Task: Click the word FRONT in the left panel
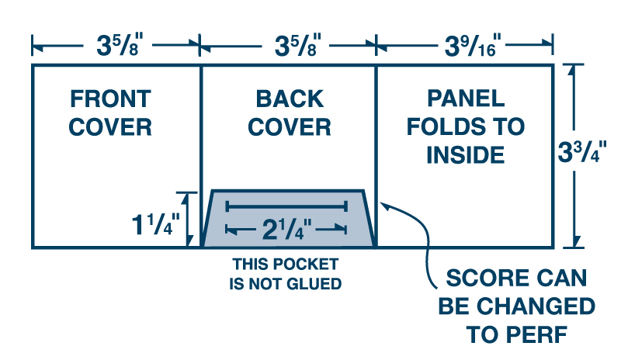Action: point(110,99)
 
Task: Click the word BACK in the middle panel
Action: point(290,99)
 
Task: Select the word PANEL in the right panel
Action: point(466,99)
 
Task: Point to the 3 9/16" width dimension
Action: point(465,45)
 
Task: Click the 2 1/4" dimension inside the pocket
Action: point(286,230)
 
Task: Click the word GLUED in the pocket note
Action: point(314,284)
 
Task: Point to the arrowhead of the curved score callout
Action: point(386,206)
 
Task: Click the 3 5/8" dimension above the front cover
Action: point(114,45)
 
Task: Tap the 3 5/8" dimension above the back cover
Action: point(290,45)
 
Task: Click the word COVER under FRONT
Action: point(110,126)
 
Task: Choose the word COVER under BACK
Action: point(290,126)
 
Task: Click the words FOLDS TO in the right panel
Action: point(466,126)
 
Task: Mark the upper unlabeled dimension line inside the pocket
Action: point(286,206)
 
